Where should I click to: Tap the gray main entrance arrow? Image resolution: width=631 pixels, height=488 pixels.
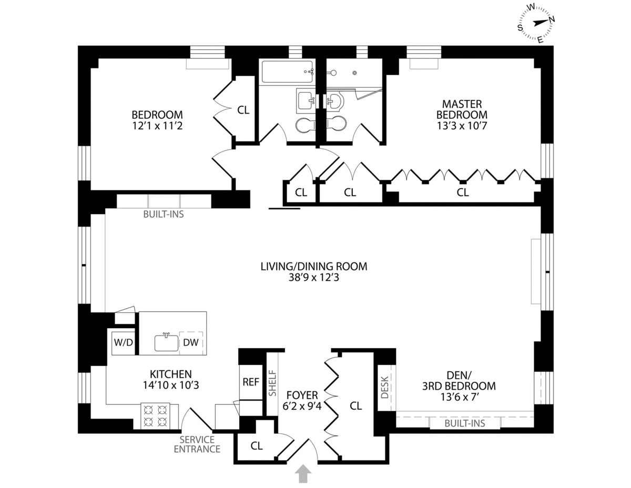pos(303,473)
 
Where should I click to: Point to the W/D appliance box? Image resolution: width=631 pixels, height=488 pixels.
pos(124,342)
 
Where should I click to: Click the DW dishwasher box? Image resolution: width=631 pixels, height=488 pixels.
pos(191,342)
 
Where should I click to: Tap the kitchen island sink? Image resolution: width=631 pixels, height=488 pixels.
pos(166,342)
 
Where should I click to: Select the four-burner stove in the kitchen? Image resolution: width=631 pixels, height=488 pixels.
pos(155,415)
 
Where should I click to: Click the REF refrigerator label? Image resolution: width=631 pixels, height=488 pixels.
pos(251,382)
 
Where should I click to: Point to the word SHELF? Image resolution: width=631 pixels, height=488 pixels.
pos(273,383)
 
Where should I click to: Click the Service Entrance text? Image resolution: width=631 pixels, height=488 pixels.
pos(197,444)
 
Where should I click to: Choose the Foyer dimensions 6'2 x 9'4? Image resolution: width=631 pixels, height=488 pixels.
pos(302,406)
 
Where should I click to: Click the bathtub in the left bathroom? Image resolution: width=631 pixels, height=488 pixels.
pos(288,71)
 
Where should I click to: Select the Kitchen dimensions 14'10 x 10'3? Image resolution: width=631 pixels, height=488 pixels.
pos(171,385)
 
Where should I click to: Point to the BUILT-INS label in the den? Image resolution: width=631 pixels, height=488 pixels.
pos(465,423)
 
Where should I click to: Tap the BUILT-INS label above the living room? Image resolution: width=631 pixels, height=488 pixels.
pos(164,214)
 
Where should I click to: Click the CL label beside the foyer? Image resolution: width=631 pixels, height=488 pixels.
pos(355,406)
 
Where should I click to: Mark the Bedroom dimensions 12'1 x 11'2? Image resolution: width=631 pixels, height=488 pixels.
pos(157,126)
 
